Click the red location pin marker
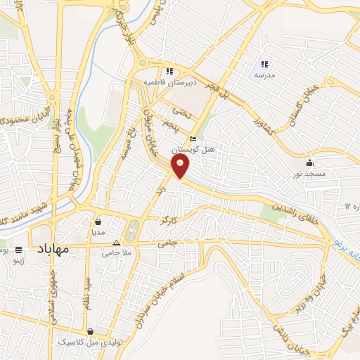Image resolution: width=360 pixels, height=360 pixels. [x=181, y=167]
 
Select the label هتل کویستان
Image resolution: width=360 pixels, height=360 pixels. [x=202, y=149]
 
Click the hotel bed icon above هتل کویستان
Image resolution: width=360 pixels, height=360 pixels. [x=193, y=139]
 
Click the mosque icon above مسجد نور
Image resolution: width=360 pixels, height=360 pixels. [x=310, y=163]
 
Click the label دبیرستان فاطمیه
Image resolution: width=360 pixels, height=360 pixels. [x=169, y=82]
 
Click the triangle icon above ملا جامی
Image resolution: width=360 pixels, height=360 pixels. [x=117, y=241]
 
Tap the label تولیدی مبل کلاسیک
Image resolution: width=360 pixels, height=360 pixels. [x=91, y=342]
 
